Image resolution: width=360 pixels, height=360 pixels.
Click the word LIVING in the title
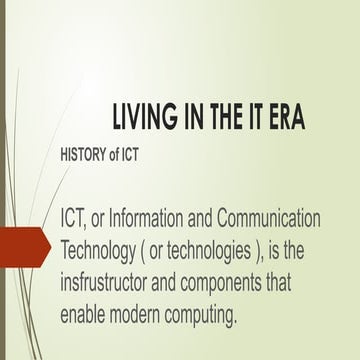(143, 119)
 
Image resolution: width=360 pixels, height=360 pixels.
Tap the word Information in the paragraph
(148, 217)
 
